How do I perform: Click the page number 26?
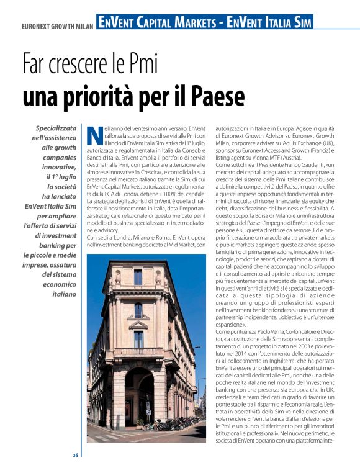(x=75, y=456)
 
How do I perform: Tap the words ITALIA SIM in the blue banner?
(x=282, y=23)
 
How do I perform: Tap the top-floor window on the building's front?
(x=138, y=277)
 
